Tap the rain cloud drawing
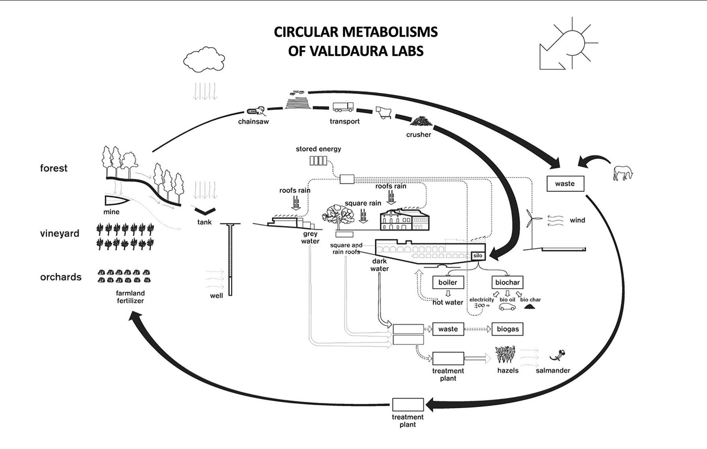204,59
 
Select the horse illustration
623,173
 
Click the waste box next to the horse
565,183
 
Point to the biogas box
507,329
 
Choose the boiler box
447,283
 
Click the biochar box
507,283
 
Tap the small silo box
478,256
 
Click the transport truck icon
343,107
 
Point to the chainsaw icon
256,111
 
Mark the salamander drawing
557,355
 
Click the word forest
54,168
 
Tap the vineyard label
60,234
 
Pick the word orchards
61,277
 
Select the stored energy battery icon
318,161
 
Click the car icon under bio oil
507,307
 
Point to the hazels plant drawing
505,354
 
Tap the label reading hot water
448,302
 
